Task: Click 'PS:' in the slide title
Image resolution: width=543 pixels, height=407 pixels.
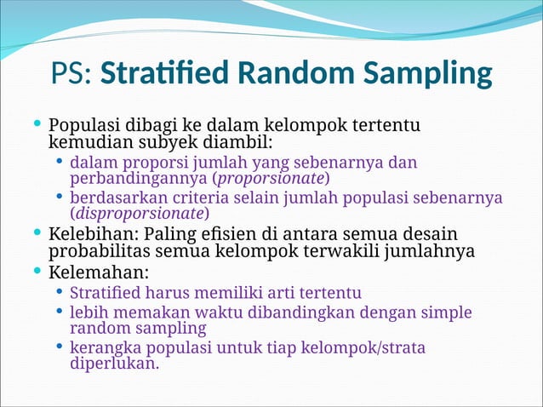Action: (72, 74)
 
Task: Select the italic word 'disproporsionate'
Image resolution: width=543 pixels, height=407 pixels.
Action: (139, 213)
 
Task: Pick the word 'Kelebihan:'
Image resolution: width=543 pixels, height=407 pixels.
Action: (94, 234)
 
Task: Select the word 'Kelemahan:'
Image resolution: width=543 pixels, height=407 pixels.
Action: (99, 273)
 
